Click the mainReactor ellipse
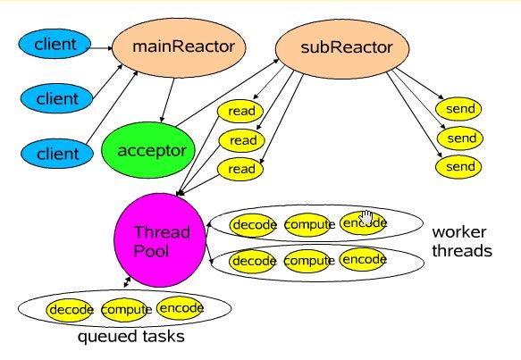179,47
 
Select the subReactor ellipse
342,49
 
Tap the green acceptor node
148,150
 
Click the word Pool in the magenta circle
151,251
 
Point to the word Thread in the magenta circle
162,231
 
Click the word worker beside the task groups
459,231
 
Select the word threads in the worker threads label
462,250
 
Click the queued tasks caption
130,337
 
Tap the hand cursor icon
366,218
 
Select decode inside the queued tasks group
70,310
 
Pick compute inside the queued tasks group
125,310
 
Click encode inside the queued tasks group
181,308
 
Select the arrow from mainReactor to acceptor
167,100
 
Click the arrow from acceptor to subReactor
228,93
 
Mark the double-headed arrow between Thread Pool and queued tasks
127,281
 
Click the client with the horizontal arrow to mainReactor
55,44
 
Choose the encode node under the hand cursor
363,222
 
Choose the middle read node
241,140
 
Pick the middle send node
460,138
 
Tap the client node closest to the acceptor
57,154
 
